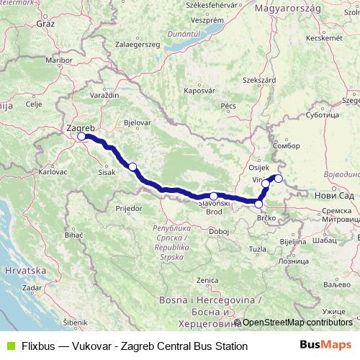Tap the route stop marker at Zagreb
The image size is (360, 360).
pyautogui.click(x=81, y=136)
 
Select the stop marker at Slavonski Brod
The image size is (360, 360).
pyautogui.click(x=214, y=196)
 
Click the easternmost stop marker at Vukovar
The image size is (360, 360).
pyautogui.click(x=279, y=179)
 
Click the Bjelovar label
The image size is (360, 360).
pyautogui.click(x=137, y=122)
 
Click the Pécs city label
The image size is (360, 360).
pyautogui.click(x=229, y=106)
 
